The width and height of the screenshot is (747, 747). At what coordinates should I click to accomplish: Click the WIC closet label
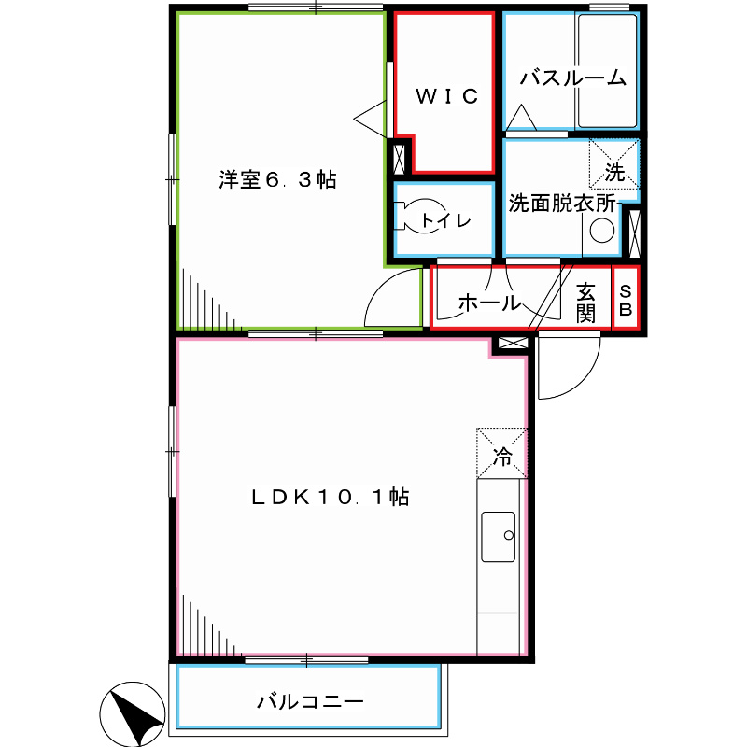(446, 95)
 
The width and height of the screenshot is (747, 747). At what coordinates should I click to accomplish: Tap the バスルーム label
(572, 78)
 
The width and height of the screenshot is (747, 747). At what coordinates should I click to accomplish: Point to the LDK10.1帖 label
(330, 498)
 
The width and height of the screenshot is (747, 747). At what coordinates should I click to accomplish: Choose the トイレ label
(444, 221)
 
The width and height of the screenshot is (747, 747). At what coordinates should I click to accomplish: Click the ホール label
(488, 303)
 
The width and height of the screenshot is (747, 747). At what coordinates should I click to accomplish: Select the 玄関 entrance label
(585, 302)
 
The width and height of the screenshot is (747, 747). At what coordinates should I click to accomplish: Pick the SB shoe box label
(626, 301)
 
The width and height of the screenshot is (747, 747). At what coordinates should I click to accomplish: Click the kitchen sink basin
(499, 537)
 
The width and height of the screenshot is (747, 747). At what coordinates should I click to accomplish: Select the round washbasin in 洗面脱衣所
(603, 231)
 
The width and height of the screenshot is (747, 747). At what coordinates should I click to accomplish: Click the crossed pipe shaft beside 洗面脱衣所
(635, 233)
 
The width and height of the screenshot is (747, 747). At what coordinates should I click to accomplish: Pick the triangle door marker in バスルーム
(520, 118)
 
